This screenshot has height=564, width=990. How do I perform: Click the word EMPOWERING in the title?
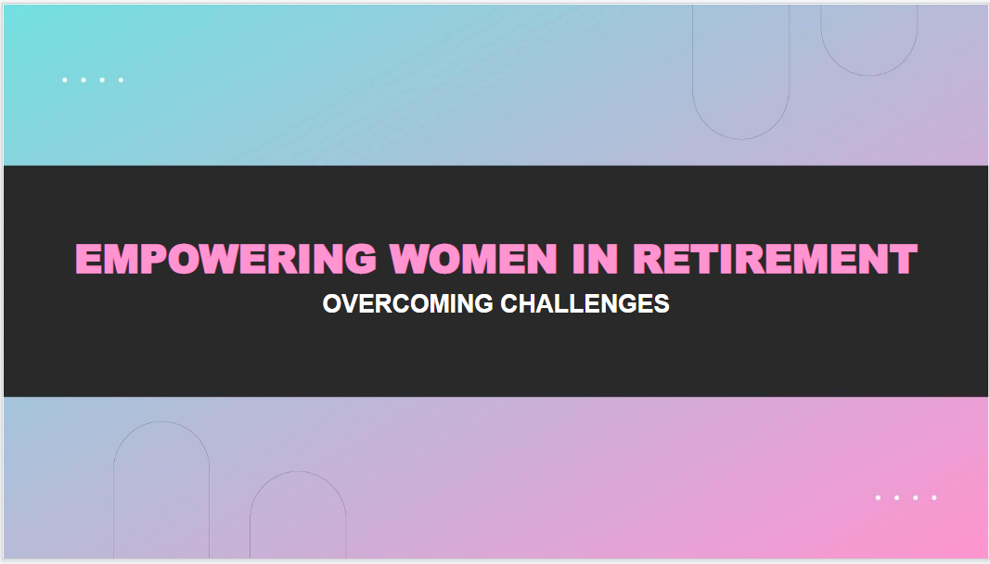click(225, 259)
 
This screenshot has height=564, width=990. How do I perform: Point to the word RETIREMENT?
click(775, 259)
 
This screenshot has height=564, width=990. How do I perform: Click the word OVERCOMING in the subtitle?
click(407, 304)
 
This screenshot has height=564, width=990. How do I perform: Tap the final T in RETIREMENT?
click(904, 259)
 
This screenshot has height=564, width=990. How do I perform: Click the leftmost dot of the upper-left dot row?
click(65, 80)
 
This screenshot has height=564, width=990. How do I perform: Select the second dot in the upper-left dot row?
click(84, 80)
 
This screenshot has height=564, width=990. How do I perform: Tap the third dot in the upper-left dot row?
click(102, 80)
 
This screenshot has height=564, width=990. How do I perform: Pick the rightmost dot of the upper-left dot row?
click(121, 80)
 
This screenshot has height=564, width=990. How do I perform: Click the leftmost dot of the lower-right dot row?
click(878, 498)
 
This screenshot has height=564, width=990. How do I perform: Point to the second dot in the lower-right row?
click(896, 498)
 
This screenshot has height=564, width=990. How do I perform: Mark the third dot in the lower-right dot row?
click(915, 498)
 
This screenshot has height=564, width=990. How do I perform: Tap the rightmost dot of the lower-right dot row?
click(934, 498)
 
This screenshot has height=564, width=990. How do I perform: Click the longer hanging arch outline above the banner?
click(740, 138)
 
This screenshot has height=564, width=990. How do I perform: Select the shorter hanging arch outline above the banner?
click(869, 75)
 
